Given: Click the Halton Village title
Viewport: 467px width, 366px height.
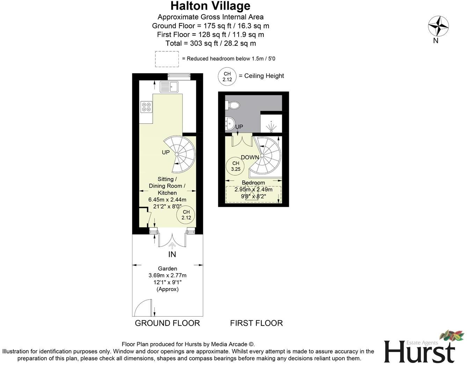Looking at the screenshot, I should (210, 6).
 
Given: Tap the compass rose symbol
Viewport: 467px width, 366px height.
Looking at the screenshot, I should (438, 27).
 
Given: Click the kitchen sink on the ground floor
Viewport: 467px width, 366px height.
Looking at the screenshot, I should (169, 86).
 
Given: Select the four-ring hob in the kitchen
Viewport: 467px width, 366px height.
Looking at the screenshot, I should (146, 107).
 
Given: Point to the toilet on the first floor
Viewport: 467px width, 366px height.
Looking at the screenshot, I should (233, 105).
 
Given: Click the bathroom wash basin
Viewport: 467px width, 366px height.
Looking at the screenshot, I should (230, 123).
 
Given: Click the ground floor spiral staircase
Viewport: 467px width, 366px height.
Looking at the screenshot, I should (179, 154).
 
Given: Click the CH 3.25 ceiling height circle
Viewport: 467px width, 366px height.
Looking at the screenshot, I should (236, 166).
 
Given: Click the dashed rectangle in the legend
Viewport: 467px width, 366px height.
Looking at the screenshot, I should (167, 59).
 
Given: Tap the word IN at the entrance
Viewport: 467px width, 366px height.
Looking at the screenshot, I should (172, 254).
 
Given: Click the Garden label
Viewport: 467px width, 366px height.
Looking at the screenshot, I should (167, 269).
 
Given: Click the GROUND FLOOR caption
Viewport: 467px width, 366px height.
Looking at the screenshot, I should (167, 323).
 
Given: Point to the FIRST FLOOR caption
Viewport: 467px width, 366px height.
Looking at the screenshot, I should (256, 323).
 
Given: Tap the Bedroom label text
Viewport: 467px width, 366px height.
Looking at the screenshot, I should (253, 183).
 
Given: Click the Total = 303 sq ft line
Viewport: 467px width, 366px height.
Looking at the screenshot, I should (210, 43).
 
